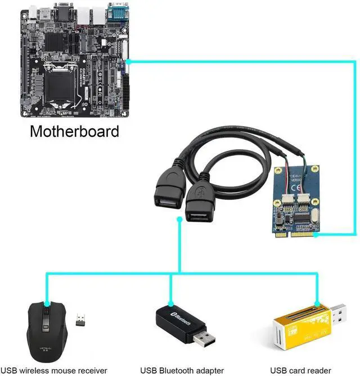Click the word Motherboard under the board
coord(74,132)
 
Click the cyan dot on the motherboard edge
coord(128,62)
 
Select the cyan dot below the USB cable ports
coord(179,223)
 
